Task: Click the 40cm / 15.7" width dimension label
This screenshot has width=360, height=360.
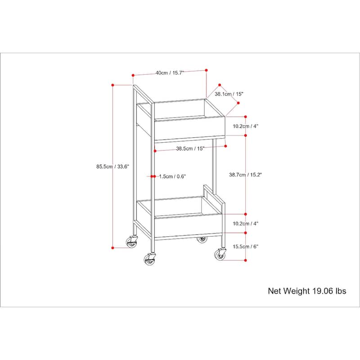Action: [x=170, y=73]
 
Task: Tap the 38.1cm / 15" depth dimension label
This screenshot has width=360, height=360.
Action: [x=229, y=94]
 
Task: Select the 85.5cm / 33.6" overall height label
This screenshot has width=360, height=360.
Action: [x=113, y=166]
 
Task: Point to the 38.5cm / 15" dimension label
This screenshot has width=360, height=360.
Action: [x=190, y=148]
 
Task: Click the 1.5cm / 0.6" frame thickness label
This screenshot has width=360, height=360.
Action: [x=172, y=176]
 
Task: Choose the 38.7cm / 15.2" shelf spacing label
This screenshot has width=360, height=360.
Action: [x=245, y=175]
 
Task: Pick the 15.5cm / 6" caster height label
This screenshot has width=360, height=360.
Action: [x=245, y=247]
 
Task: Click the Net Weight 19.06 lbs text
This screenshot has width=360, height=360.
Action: [x=307, y=291]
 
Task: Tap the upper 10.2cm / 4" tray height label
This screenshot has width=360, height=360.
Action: [x=245, y=126]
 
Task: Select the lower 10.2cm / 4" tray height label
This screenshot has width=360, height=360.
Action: [x=245, y=223]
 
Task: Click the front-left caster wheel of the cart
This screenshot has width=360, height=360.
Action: [x=149, y=260]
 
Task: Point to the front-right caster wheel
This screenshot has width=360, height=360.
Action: [x=220, y=255]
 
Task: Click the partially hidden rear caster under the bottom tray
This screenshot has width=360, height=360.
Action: [x=202, y=239]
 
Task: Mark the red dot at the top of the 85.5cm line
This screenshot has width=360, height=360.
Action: [x=113, y=85]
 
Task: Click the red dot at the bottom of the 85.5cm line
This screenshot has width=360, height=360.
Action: [x=113, y=248]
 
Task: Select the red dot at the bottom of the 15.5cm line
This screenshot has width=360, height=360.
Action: [x=245, y=260]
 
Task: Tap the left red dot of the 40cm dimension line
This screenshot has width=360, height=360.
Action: [x=133, y=75]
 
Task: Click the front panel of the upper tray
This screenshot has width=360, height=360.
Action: [x=190, y=128]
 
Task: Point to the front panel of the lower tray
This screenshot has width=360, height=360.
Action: [x=188, y=226]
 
